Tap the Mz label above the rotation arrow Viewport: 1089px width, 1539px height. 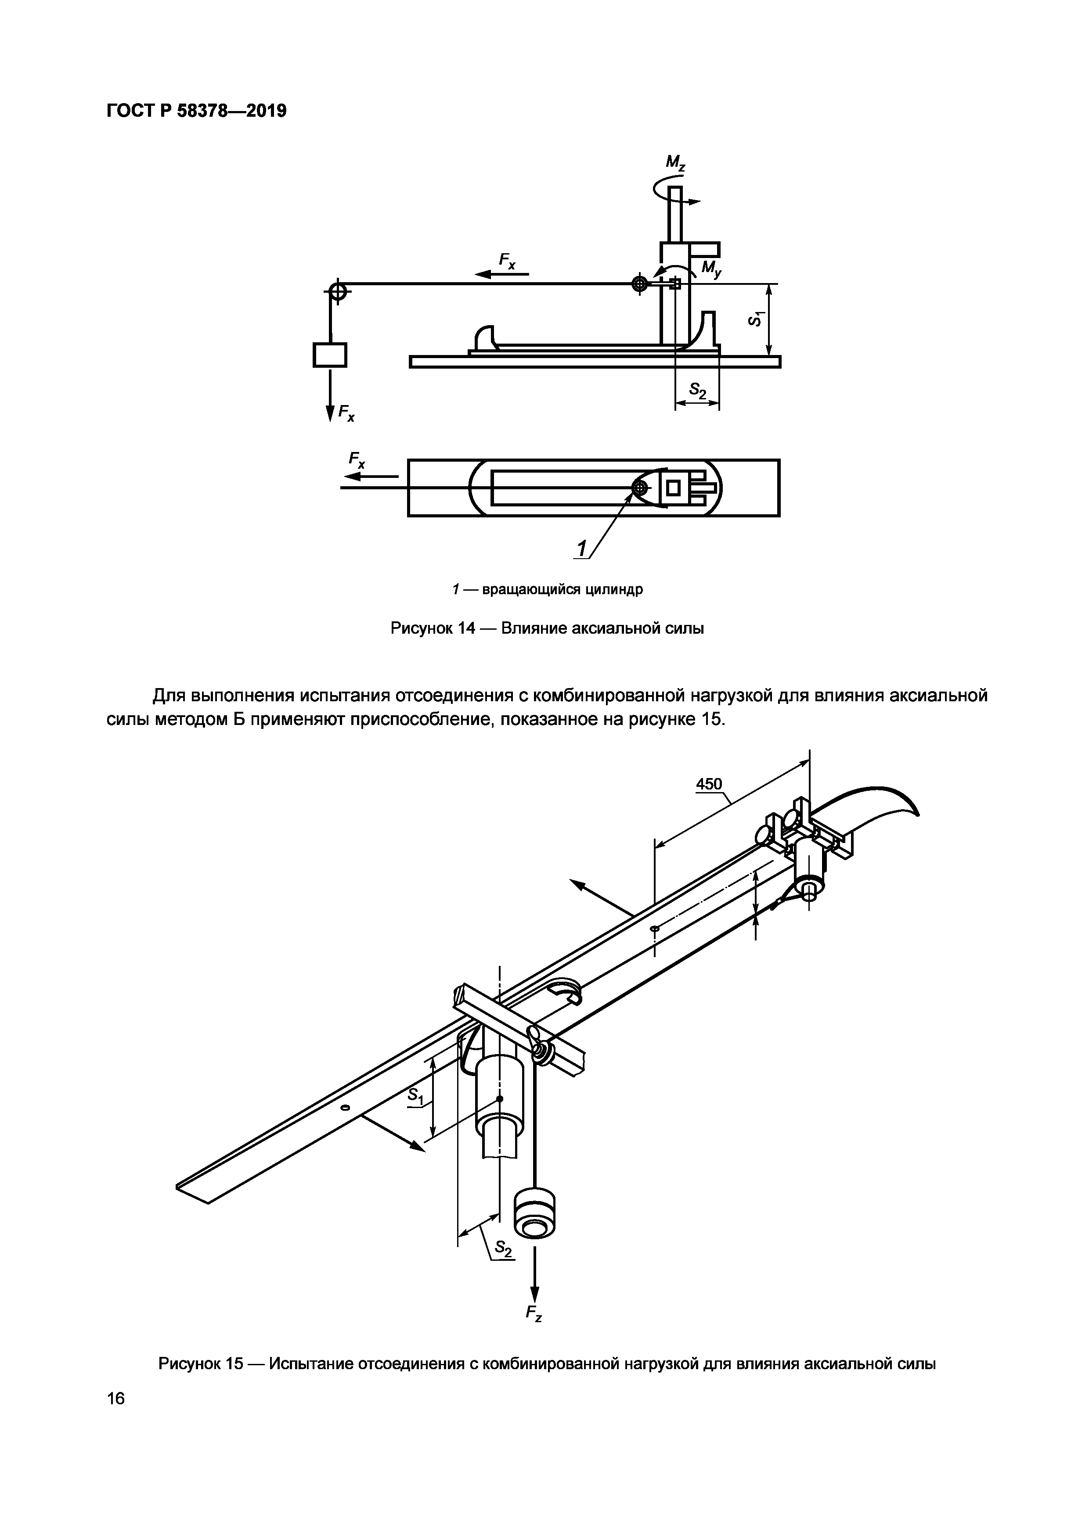point(675,163)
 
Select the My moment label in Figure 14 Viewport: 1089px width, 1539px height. point(711,269)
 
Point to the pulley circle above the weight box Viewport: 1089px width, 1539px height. point(337,291)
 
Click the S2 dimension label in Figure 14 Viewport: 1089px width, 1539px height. point(698,390)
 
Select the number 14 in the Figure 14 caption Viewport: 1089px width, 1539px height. point(463,629)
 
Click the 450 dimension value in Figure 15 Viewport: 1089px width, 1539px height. point(709,784)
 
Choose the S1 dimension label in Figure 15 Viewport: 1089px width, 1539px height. point(416,1096)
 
